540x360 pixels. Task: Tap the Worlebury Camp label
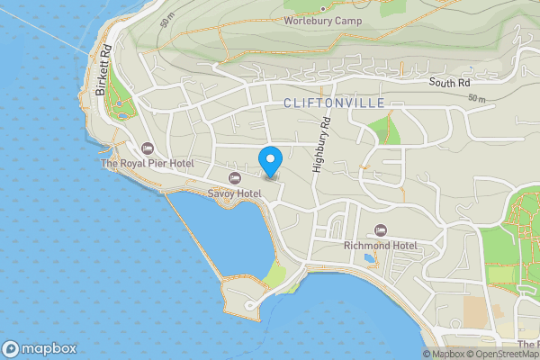point(322,20)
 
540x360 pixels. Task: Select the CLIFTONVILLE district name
point(334,103)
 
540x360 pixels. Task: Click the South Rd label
point(450,83)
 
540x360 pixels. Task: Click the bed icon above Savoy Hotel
point(235,178)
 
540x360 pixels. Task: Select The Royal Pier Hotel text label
point(148,164)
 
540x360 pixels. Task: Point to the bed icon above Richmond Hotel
point(380,230)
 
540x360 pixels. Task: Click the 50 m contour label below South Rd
point(477,97)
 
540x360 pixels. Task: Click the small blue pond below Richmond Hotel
point(369,259)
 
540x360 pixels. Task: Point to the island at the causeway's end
point(245,295)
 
